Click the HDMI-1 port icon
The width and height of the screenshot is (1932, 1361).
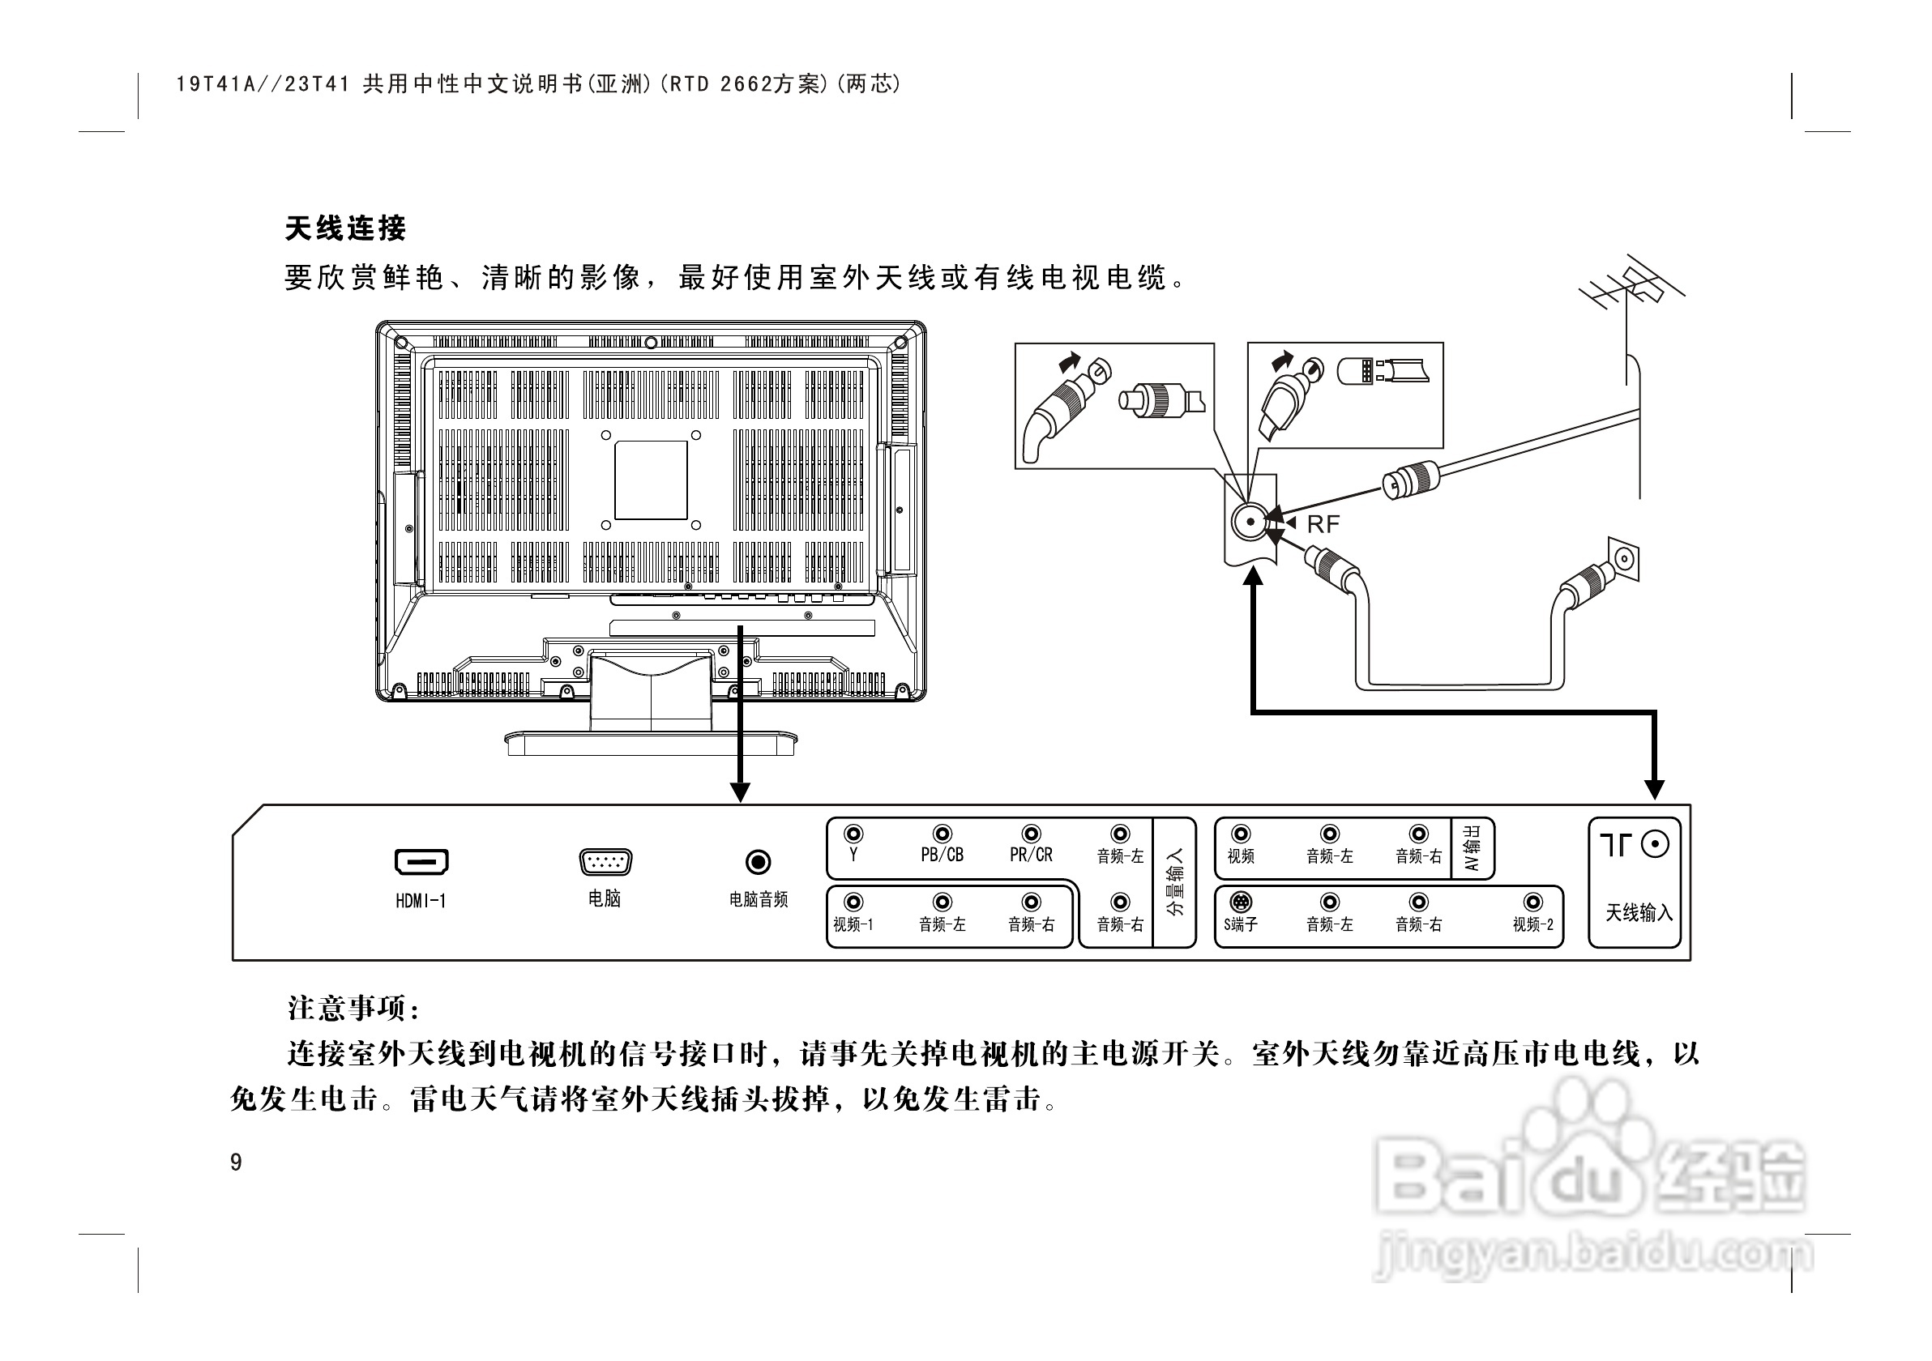[x=421, y=862]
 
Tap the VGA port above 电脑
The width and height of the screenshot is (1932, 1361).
[x=605, y=862]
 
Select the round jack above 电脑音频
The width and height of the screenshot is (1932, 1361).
[x=759, y=862]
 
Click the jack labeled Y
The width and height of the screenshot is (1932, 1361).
[x=853, y=834]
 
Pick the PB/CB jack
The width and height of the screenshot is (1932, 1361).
[x=942, y=834]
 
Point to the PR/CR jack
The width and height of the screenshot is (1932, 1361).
[x=1031, y=834]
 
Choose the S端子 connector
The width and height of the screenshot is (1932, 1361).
[x=1240, y=902]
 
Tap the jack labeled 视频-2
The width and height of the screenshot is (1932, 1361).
[x=1533, y=902]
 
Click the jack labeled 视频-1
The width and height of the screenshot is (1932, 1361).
[x=853, y=902]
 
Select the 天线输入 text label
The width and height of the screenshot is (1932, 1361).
[x=1639, y=913]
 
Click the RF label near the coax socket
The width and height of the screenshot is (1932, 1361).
[x=1323, y=525]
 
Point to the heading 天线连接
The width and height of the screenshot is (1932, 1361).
[x=346, y=228]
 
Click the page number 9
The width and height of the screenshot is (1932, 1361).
[x=237, y=1163]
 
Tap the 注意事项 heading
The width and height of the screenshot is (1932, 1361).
[x=354, y=1007]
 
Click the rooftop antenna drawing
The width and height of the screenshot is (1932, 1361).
[x=1631, y=290]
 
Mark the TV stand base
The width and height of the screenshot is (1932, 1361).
[x=651, y=743]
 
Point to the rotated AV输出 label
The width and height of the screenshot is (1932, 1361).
[x=1473, y=848]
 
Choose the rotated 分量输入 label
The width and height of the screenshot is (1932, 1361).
[x=1175, y=881]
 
